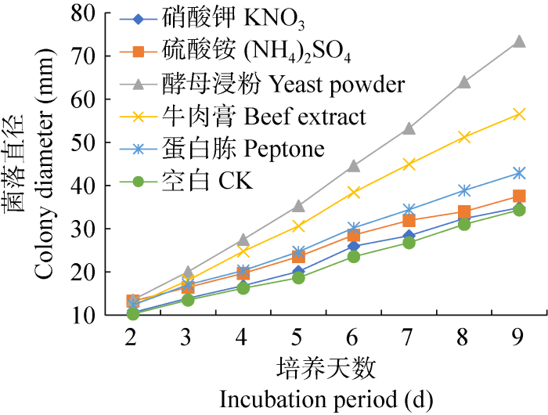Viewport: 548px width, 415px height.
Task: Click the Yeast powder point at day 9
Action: (518, 41)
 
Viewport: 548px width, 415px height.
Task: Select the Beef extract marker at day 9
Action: (518, 114)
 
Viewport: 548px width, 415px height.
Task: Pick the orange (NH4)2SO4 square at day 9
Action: (518, 196)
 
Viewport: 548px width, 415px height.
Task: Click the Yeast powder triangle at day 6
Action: (353, 166)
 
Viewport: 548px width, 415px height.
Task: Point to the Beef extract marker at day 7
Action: (408, 164)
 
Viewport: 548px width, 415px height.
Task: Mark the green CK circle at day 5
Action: (298, 277)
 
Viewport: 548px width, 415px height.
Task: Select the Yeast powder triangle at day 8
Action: (463, 82)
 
